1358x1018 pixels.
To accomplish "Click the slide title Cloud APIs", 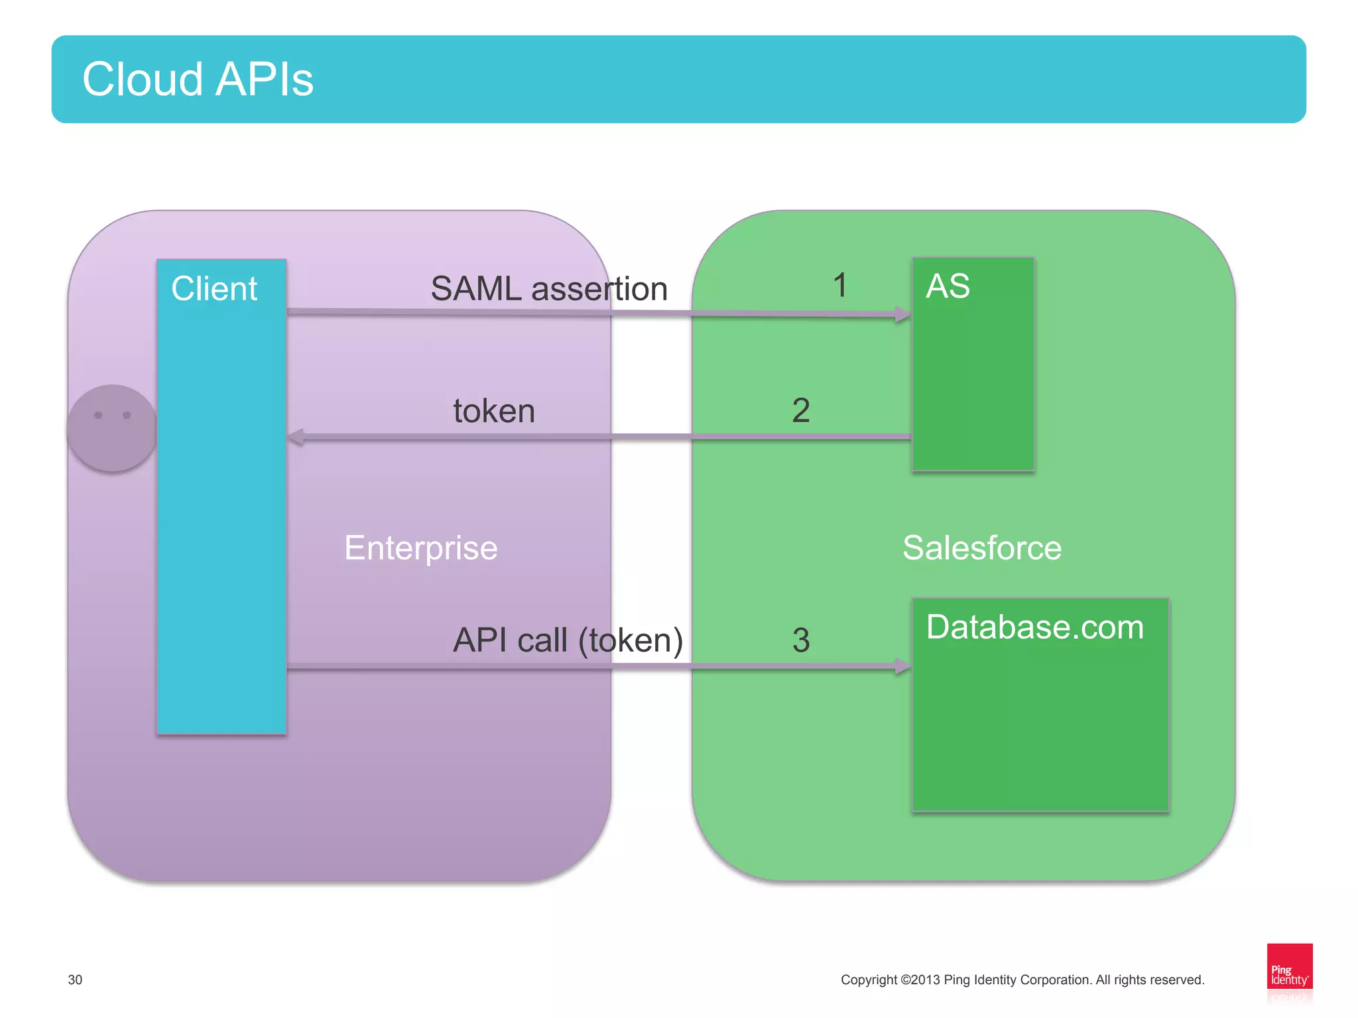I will [x=198, y=80].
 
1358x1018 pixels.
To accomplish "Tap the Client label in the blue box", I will [x=214, y=289].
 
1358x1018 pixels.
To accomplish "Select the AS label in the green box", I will [x=948, y=286].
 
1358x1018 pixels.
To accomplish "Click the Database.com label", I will [x=1034, y=627].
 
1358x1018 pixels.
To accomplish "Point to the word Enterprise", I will [x=420, y=548].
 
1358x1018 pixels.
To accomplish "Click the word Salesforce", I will [x=981, y=548].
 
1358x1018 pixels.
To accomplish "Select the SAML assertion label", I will [x=549, y=289].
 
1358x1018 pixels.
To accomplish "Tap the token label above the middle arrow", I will [x=494, y=411].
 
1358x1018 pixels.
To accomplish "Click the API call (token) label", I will [x=568, y=640].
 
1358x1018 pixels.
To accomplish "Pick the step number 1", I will [x=839, y=285].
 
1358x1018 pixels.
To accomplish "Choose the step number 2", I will [x=801, y=410].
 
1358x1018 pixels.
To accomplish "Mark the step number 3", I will [x=801, y=640].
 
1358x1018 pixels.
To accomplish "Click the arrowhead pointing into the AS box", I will [x=902, y=314].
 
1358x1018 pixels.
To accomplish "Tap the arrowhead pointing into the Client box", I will [x=296, y=437].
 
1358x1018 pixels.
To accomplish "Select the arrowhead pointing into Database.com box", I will [x=902, y=665].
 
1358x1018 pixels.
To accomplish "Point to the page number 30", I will [x=75, y=980].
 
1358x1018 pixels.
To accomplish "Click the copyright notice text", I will [x=1022, y=980].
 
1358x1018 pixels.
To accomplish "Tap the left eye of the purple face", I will [x=98, y=415].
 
